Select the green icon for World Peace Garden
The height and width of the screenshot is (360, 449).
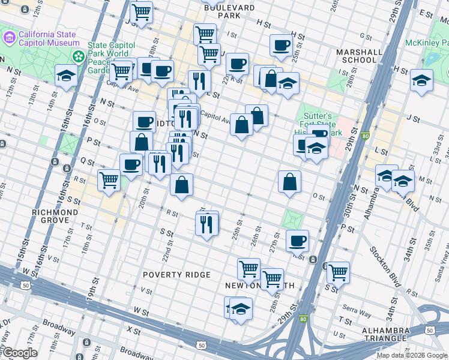pos(79,56)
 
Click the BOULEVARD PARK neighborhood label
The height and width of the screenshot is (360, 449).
pos(229,8)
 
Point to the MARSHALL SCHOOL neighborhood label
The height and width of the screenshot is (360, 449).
pos(359,56)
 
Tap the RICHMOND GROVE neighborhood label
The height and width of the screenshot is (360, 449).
pos(55,216)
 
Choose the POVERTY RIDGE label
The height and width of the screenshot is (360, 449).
pos(176,275)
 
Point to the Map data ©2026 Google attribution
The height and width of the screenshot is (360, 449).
pos(412,355)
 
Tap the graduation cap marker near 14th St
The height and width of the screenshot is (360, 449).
pos(66,75)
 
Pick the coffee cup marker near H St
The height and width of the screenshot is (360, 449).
pos(280,45)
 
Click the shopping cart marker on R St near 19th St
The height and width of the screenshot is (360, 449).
pos(109,179)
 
